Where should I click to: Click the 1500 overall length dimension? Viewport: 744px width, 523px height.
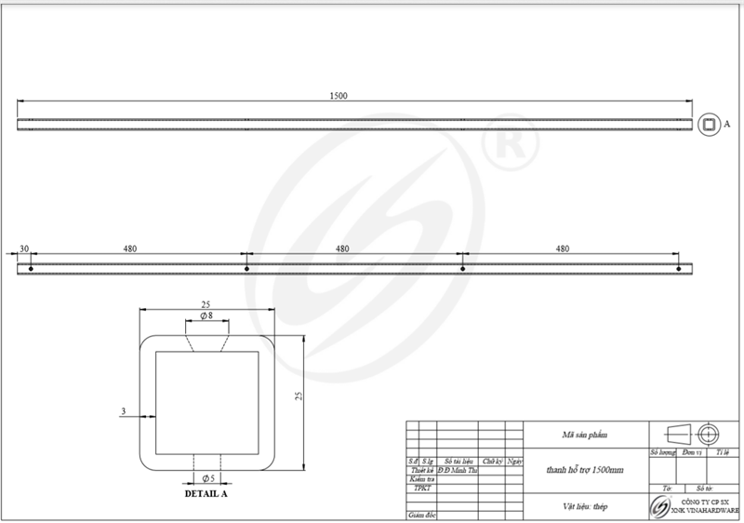point(339,96)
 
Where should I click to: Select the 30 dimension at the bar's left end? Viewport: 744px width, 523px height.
point(24,248)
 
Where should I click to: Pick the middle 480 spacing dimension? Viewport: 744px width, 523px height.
point(342,248)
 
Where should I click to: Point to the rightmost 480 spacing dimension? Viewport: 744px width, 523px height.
point(562,248)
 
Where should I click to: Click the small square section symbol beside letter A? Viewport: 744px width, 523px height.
point(708,124)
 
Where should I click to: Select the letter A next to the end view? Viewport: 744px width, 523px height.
point(727,124)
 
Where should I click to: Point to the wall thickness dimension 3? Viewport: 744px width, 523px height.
point(123,410)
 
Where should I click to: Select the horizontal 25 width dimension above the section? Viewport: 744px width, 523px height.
point(206,303)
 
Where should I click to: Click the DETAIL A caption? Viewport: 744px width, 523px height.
point(206,494)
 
